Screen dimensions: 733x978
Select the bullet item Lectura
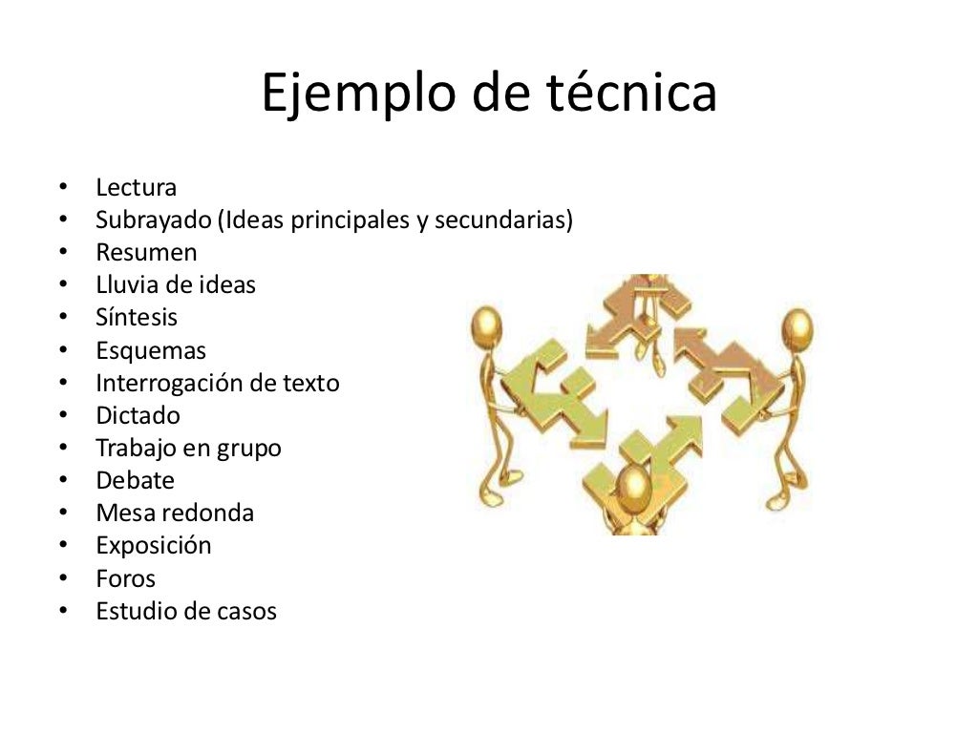[x=136, y=188]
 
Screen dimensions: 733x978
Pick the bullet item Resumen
[x=146, y=253]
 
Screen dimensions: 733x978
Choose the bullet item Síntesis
[x=137, y=317]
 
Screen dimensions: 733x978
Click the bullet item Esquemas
[x=150, y=350]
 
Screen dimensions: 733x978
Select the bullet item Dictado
[x=138, y=416]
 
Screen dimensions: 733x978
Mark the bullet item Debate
[x=135, y=481]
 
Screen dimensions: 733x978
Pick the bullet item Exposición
[x=153, y=546]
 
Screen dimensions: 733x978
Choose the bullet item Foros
[x=125, y=578]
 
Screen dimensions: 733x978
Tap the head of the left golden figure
[x=486, y=325]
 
